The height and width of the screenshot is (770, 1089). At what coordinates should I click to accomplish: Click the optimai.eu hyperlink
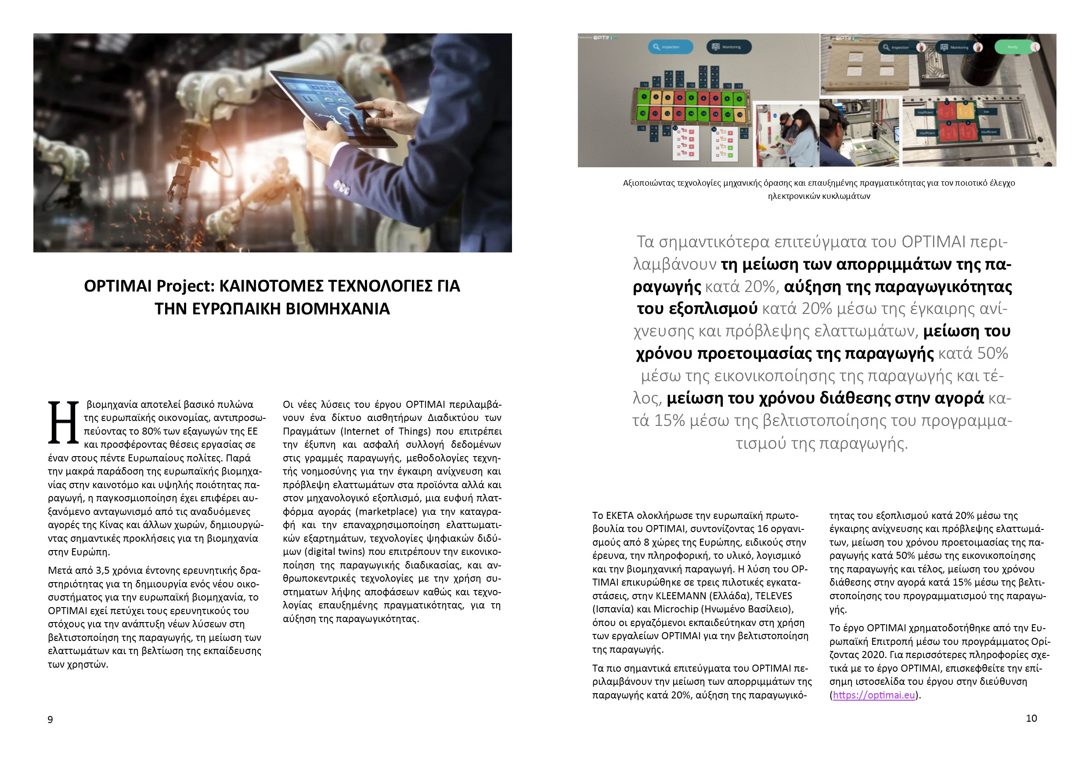[x=874, y=695]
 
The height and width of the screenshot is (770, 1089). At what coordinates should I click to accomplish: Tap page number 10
[x=1031, y=718]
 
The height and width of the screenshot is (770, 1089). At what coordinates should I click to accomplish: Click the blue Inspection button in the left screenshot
[x=670, y=47]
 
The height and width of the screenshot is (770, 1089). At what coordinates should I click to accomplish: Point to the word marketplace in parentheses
[x=385, y=511]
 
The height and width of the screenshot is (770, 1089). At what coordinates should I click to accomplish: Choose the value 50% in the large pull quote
[x=992, y=353]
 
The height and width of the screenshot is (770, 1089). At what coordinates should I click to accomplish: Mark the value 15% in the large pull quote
[x=669, y=421]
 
